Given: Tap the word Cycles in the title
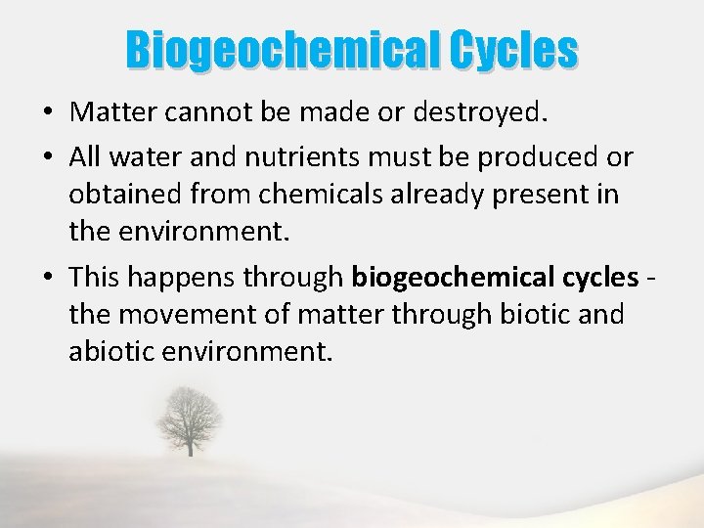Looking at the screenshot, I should (x=514, y=51).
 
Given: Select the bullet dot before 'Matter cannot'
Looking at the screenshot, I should (x=47, y=113).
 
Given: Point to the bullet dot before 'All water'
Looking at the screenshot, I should (x=47, y=157).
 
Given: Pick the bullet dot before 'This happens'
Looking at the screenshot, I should (x=47, y=279).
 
